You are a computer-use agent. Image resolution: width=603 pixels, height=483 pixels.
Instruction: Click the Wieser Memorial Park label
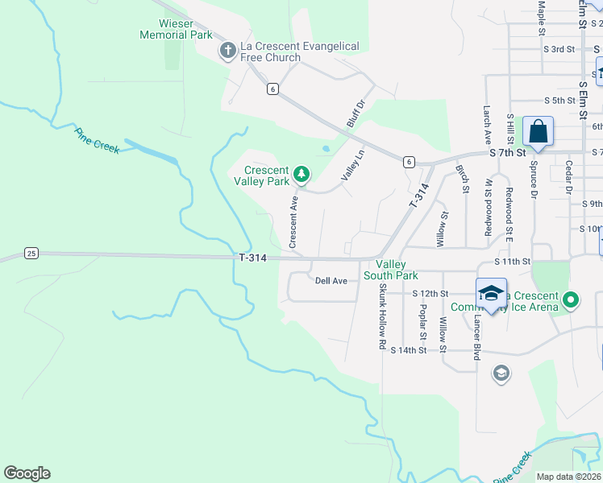coord(176,30)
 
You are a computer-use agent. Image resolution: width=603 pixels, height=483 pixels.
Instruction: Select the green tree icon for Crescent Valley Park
coord(301,173)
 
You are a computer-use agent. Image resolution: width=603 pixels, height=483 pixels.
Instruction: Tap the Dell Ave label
coord(331,281)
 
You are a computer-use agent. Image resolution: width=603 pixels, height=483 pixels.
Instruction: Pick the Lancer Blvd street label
coord(477,336)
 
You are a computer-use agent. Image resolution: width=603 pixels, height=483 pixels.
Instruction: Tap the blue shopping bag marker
coord(538,131)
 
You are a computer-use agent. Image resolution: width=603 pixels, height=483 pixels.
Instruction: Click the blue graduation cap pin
coord(490,293)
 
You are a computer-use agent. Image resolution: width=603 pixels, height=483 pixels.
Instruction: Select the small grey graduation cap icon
coord(501,373)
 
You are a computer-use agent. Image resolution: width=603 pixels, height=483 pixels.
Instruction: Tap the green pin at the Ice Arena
coord(571,301)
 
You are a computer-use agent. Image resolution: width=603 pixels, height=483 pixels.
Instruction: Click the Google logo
coord(27,473)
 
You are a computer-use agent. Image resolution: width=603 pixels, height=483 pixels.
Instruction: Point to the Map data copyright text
coord(569,477)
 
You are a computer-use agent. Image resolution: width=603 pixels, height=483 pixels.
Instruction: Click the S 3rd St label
coord(559,49)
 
